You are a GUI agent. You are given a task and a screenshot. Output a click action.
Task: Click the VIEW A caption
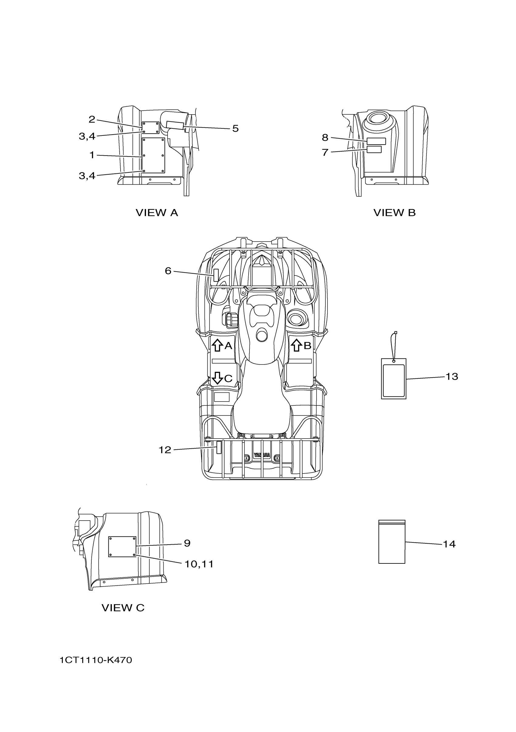pyautogui.click(x=157, y=213)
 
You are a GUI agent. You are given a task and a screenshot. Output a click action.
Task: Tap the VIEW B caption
pyautogui.click(x=394, y=213)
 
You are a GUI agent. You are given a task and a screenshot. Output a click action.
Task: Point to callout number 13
pyautogui.click(x=451, y=377)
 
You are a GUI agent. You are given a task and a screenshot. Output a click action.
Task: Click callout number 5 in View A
pyautogui.click(x=235, y=128)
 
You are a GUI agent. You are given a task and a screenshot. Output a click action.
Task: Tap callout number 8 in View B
pyautogui.click(x=325, y=137)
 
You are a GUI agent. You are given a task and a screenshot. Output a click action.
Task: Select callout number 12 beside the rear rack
pyautogui.click(x=165, y=450)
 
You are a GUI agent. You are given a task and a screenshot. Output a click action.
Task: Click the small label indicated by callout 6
pyautogui.click(x=216, y=275)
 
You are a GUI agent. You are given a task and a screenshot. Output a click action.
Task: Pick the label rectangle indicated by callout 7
pyautogui.click(x=374, y=149)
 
